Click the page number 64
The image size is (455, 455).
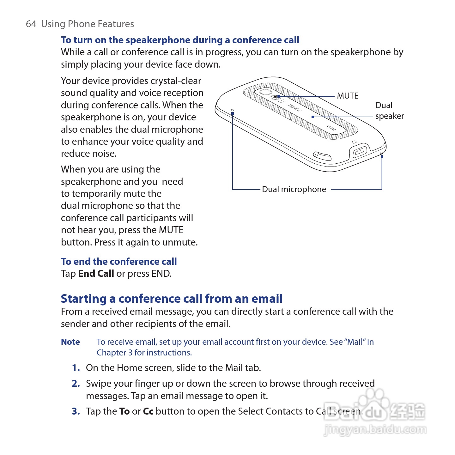(x=31, y=24)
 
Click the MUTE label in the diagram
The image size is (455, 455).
(x=348, y=96)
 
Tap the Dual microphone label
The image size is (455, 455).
(x=294, y=189)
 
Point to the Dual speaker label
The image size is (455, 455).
(x=389, y=111)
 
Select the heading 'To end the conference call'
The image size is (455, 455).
(x=119, y=262)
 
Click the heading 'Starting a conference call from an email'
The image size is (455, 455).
(x=172, y=299)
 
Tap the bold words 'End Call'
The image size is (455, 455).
(x=96, y=274)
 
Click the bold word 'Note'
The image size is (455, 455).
(x=70, y=342)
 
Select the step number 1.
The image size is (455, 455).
(x=76, y=368)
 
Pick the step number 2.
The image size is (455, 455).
(x=76, y=384)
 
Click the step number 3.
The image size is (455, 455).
(x=76, y=411)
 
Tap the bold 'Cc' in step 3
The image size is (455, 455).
(x=148, y=411)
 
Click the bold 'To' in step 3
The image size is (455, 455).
(x=124, y=411)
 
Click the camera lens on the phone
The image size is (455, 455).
(x=264, y=92)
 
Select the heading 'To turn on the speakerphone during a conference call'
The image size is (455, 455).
(x=180, y=40)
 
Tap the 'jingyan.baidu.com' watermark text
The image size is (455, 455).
(x=375, y=430)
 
